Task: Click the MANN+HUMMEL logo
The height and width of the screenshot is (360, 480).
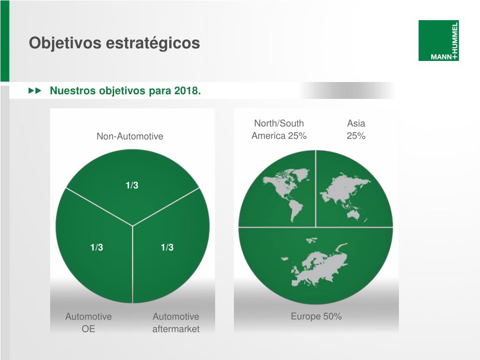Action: pos(438,40)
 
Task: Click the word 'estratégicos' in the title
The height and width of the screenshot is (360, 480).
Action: pos(153,43)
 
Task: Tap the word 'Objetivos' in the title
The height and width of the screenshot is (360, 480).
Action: pos(65,43)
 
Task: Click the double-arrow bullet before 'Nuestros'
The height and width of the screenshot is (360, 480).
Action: pos(35,90)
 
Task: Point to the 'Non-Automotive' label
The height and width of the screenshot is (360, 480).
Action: pos(130,136)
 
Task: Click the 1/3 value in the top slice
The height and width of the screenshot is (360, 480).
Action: pos(132,185)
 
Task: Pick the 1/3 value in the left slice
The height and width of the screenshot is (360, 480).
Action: pos(97,247)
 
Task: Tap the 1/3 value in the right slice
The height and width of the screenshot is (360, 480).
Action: pos(167,247)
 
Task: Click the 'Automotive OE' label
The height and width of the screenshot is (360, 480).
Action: pos(89,322)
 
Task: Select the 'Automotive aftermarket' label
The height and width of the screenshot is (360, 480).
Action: pos(176,322)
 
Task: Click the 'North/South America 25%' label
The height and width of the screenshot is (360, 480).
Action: pos(279,129)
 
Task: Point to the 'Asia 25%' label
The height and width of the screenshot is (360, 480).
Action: pos(356,129)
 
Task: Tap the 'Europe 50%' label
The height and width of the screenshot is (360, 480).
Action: pos(316,316)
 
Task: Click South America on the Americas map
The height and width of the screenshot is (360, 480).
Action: pos(296,210)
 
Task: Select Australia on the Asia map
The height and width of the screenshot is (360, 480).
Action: pos(353,215)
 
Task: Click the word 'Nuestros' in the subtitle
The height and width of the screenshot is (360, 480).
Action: pos(73,90)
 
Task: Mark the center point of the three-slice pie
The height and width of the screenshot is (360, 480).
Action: pos(133,226)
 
